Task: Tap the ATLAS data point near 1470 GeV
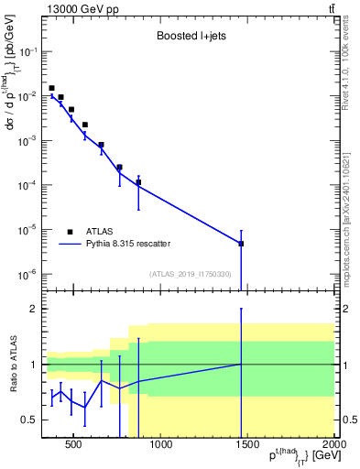pos(241,244)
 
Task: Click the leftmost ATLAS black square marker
pos(51,88)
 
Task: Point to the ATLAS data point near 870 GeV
pos(138,182)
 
